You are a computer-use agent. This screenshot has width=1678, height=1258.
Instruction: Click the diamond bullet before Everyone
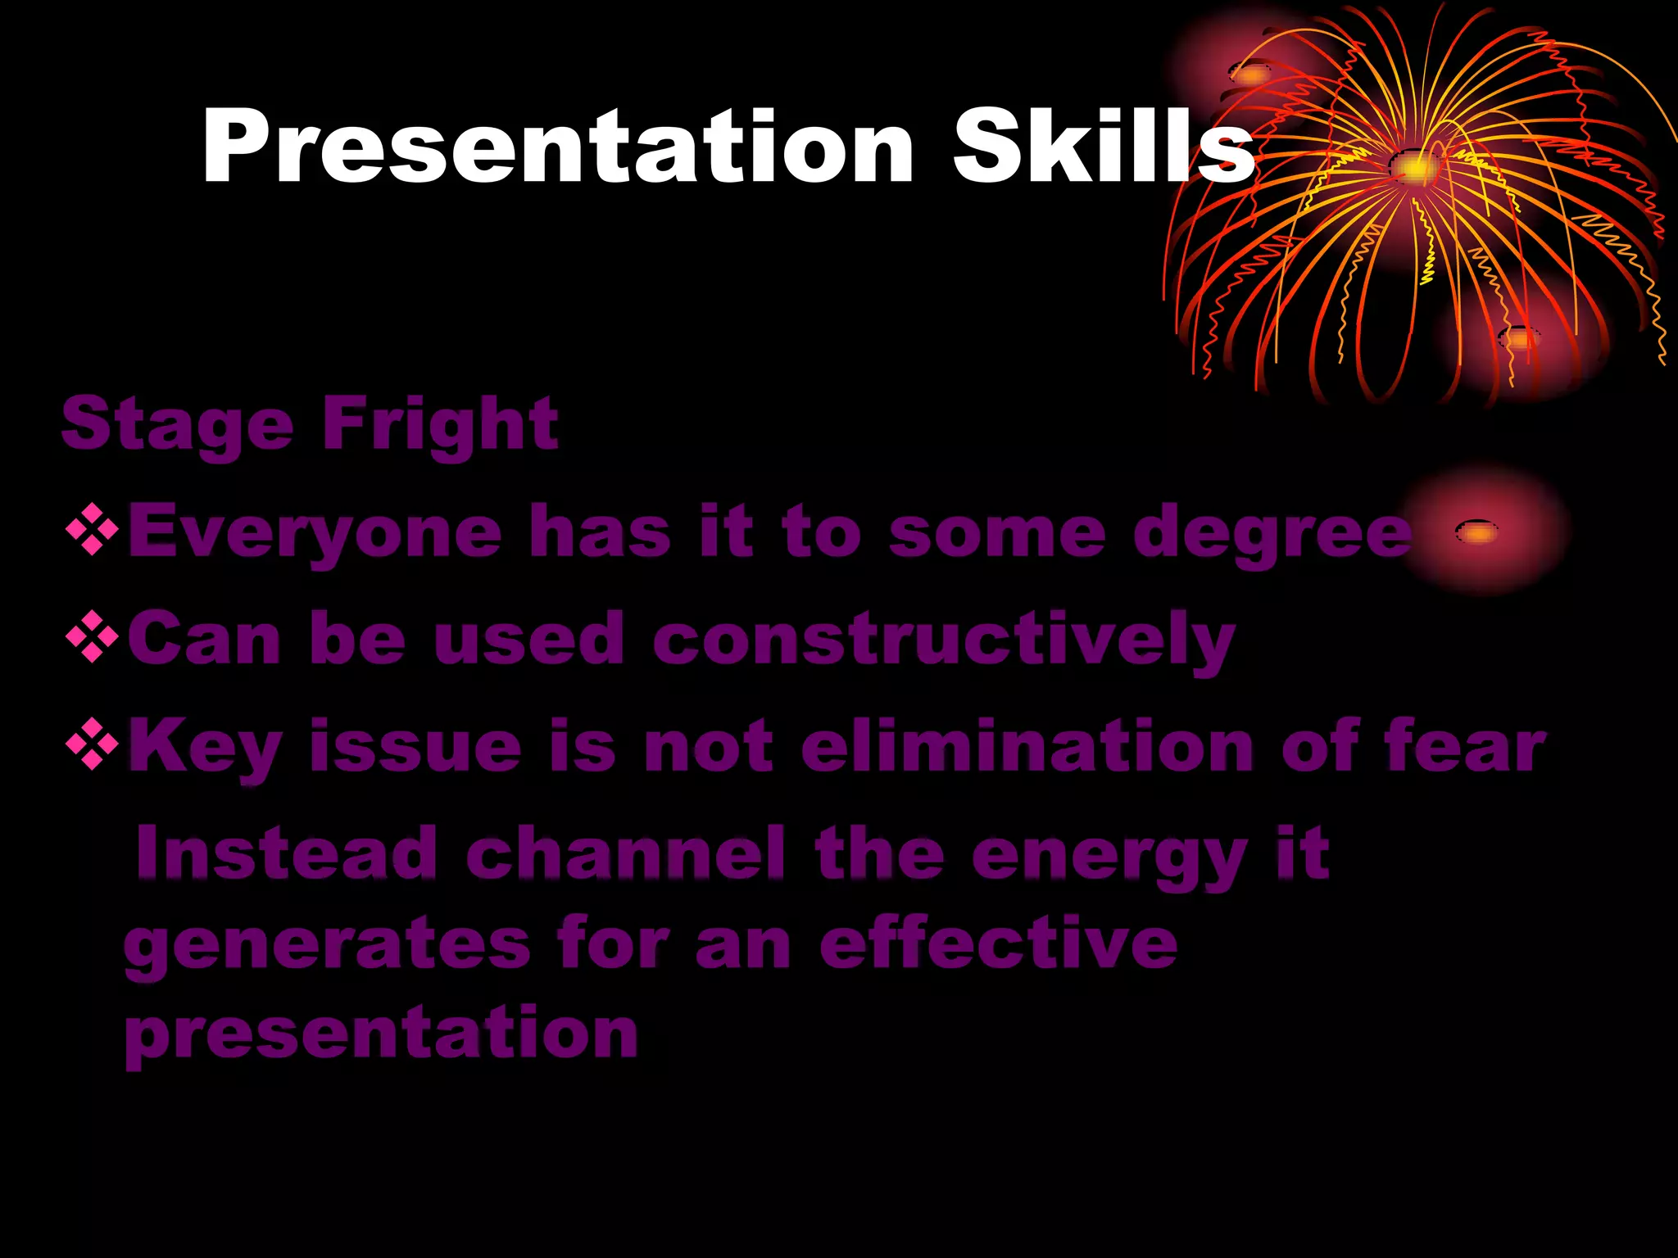(x=92, y=531)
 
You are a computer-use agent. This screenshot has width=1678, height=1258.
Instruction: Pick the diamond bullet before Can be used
(x=92, y=637)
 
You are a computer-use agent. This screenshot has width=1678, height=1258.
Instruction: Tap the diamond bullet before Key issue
(x=92, y=744)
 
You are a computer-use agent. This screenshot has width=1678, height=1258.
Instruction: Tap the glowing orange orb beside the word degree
(x=1477, y=533)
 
